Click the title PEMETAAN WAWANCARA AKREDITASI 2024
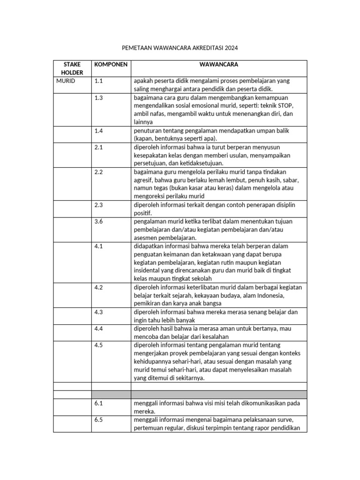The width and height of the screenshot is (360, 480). [180, 48]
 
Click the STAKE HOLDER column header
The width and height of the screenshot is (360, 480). [72, 68]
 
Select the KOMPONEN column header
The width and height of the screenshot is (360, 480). [111, 64]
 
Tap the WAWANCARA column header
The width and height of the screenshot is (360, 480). [219, 64]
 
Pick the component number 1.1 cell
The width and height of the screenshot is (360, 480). [98, 81]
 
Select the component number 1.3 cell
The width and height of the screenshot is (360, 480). [98, 97]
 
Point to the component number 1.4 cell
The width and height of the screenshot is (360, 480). [98, 131]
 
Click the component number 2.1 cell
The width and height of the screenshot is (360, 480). [98, 147]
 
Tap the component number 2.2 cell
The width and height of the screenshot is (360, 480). [98, 172]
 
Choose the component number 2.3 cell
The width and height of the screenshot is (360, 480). [98, 205]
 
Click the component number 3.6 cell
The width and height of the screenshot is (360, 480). [98, 221]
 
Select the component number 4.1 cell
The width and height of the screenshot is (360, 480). [98, 246]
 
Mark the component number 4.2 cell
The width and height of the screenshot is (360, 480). [98, 287]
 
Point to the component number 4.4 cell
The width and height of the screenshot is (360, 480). [98, 329]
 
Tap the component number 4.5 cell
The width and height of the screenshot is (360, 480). [98, 345]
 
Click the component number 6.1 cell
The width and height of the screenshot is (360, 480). [98, 403]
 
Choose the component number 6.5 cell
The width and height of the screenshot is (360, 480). [98, 420]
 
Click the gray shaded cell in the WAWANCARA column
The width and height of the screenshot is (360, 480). [219, 394]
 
